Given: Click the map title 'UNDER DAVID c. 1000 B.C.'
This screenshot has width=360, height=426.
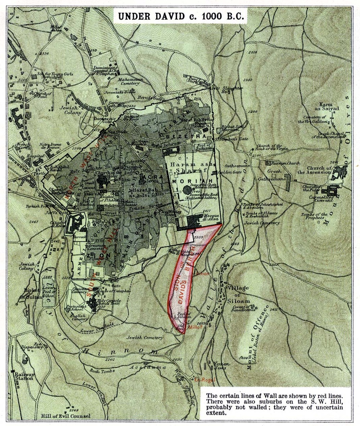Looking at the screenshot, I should click(x=180, y=16).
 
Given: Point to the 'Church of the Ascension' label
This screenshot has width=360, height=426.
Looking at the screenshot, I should click(x=319, y=170).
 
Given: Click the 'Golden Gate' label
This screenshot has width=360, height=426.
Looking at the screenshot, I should click(x=227, y=172).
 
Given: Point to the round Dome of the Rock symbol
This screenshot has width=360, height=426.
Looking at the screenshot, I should click(x=187, y=189).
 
